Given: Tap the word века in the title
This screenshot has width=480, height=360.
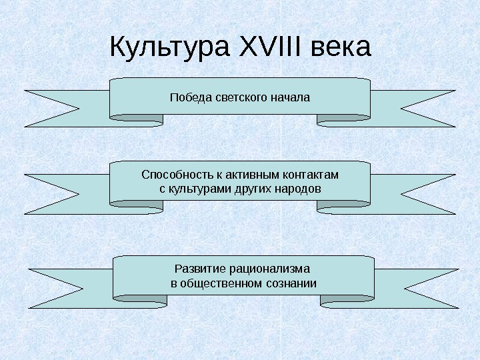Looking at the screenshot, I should [x=340, y=47].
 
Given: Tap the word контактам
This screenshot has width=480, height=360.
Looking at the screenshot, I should [x=313, y=175].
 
